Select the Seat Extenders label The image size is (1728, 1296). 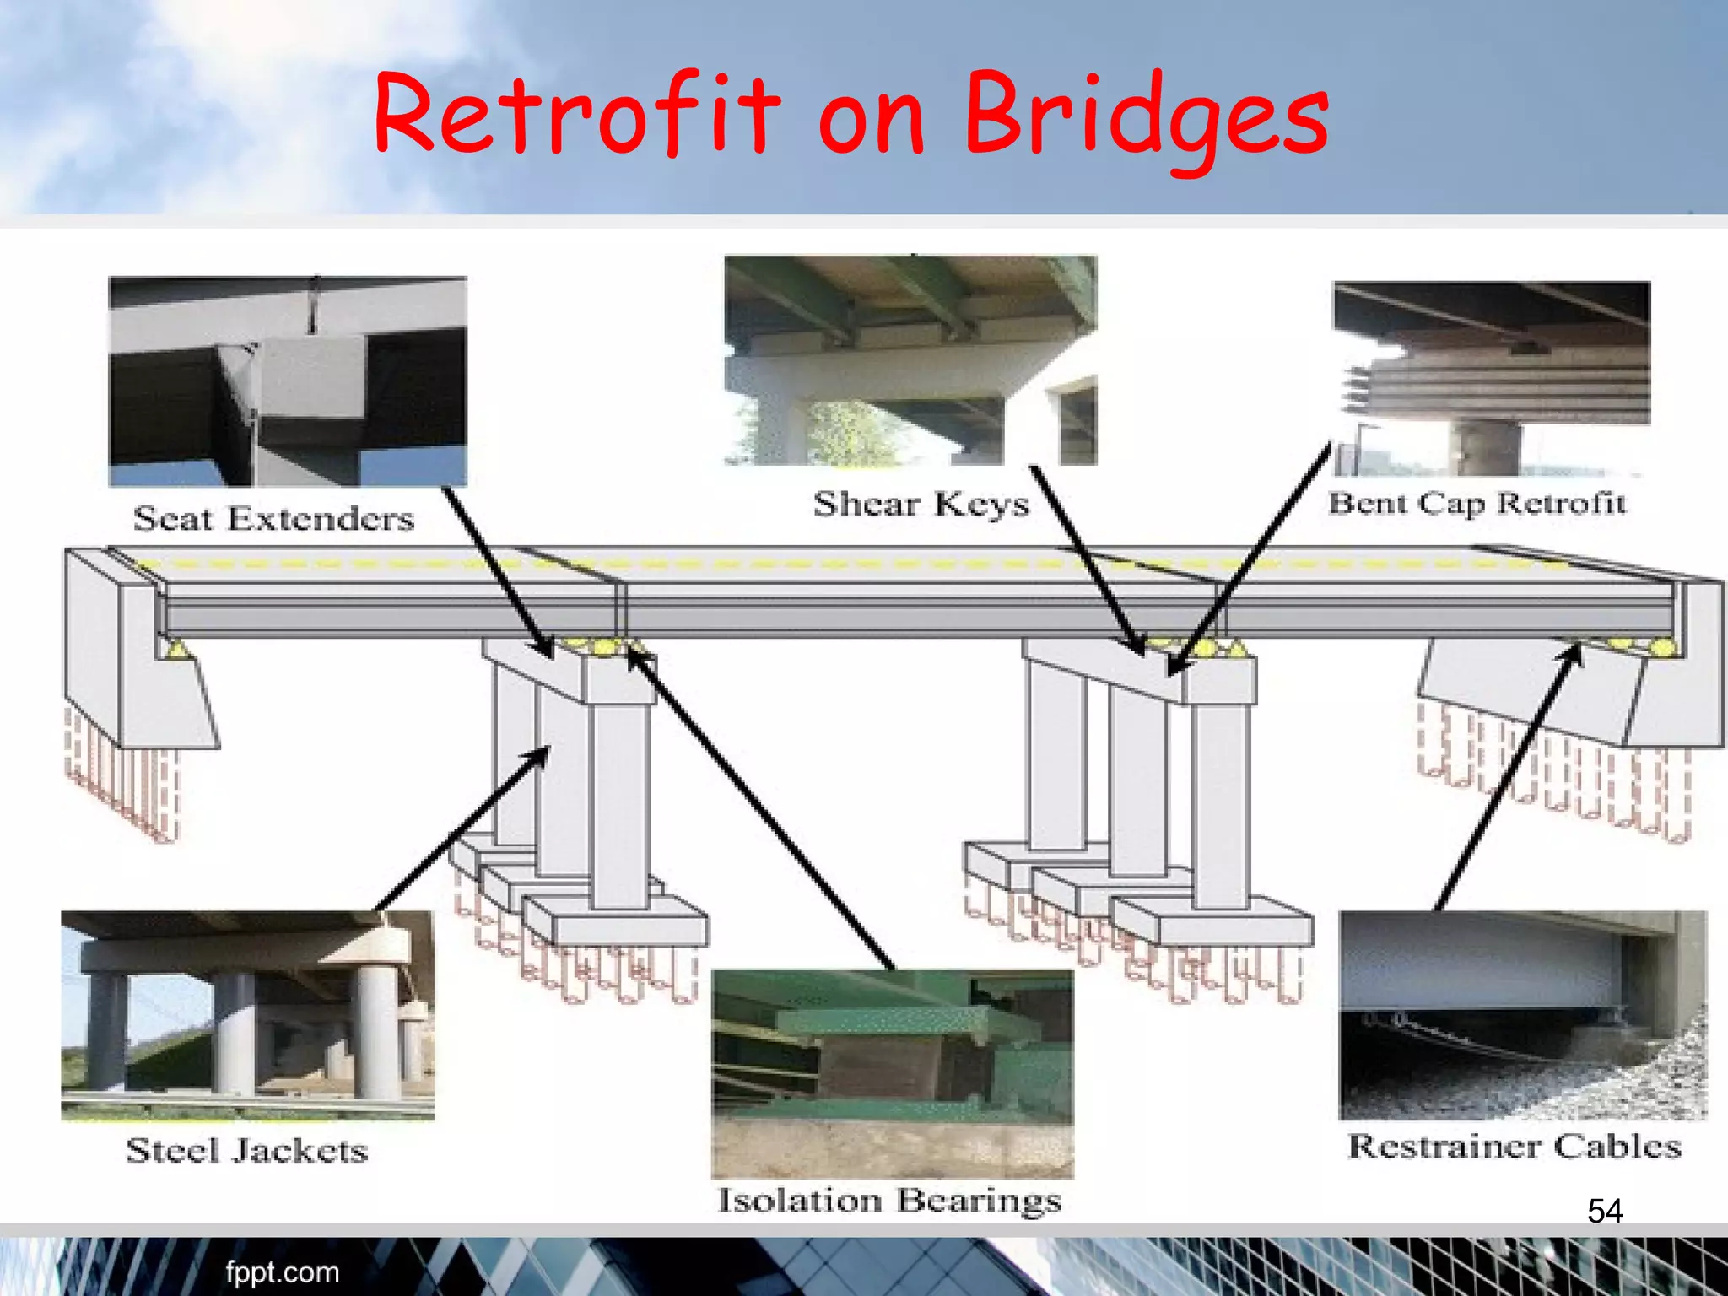coord(274,518)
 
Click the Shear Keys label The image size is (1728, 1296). coord(921,504)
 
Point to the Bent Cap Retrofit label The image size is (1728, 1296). coord(1477,504)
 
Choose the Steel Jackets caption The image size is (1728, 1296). coord(247,1151)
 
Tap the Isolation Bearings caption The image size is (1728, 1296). coord(889,1201)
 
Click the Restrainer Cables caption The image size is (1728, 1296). coord(1515,1147)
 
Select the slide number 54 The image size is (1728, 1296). coord(1604,1212)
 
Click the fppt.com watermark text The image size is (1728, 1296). coord(282,1272)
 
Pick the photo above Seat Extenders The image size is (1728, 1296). coord(288,381)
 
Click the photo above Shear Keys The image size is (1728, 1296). coord(910,360)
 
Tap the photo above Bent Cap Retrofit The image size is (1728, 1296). coord(1491,379)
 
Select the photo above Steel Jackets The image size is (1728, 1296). coord(247,1015)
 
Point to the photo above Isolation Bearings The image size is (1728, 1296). coord(893,1074)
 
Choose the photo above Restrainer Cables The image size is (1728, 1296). coord(1523,1015)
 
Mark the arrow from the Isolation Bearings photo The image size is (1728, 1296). coord(759,810)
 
